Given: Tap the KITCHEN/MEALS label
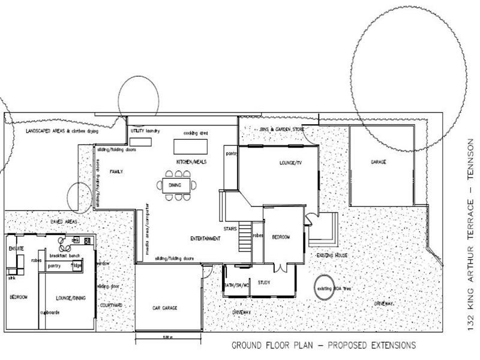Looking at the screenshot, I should point(191,163).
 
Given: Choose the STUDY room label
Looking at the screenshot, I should point(265,281).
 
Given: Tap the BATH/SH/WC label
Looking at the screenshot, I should point(236,285).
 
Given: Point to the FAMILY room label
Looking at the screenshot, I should point(116,172).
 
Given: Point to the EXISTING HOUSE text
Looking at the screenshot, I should point(332,256).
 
